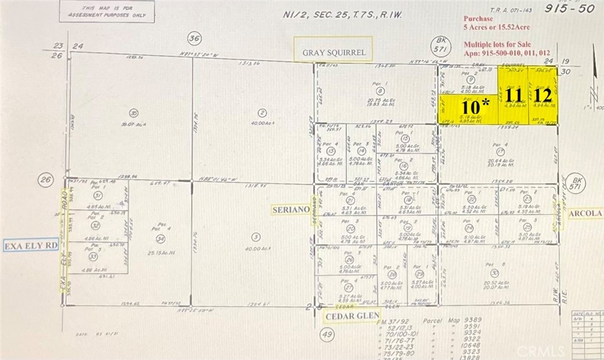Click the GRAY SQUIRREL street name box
tap(334, 53)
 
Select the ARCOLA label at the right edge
tap(585, 212)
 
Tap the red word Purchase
tap(479, 18)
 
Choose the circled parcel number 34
tap(160, 238)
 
